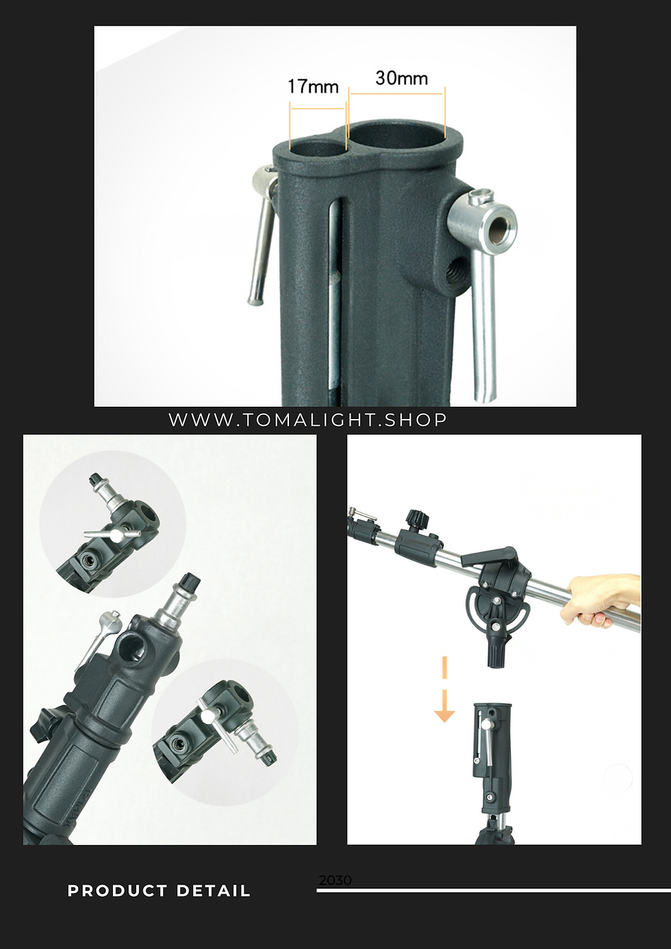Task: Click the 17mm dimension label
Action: click(x=313, y=86)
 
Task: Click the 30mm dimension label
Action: click(x=402, y=78)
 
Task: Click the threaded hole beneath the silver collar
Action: click(x=458, y=269)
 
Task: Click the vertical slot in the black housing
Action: click(x=335, y=296)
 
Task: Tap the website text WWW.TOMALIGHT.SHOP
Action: click(x=307, y=420)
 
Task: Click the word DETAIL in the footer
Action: click(x=214, y=891)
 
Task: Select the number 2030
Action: click(x=335, y=881)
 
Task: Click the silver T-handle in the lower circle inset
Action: click(x=217, y=729)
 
